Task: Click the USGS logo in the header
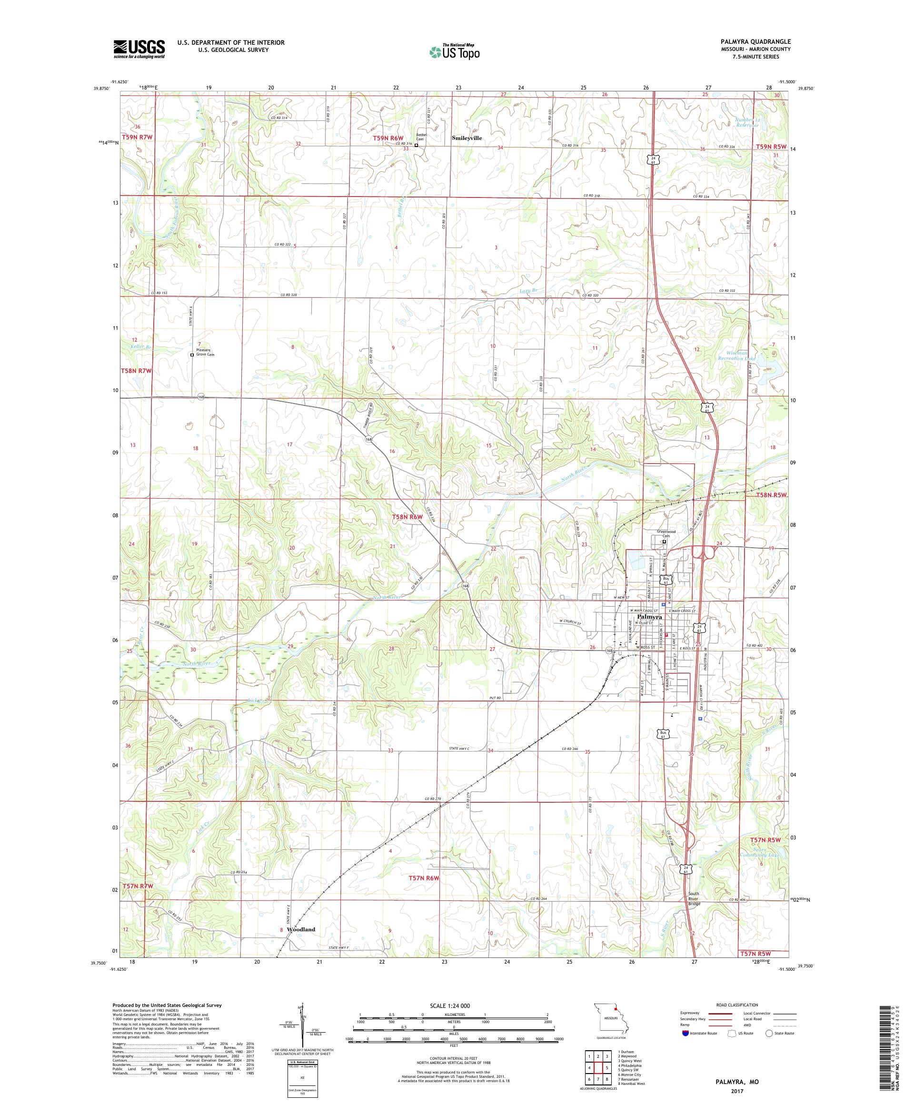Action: (x=139, y=49)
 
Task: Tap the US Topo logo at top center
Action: (x=455, y=51)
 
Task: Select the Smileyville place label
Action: (x=467, y=138)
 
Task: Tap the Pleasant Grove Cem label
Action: (x=205, y=352)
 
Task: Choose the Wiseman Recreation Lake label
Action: (x=736, y=355)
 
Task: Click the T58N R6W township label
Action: (x=407, y=517)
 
